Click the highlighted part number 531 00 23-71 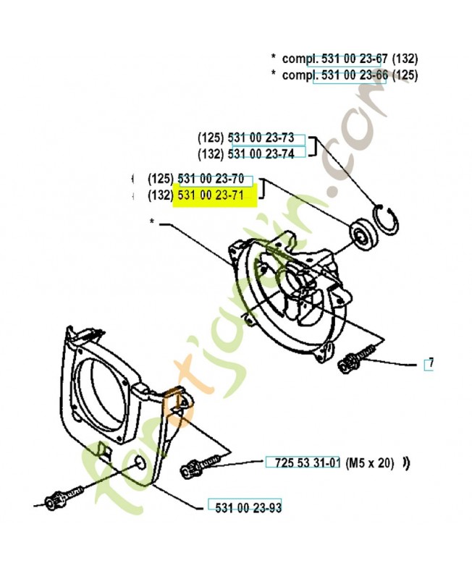214,196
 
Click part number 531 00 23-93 244,507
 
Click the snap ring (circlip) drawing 389,219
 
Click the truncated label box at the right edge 429,363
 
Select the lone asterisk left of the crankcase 153,222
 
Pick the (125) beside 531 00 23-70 161,179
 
